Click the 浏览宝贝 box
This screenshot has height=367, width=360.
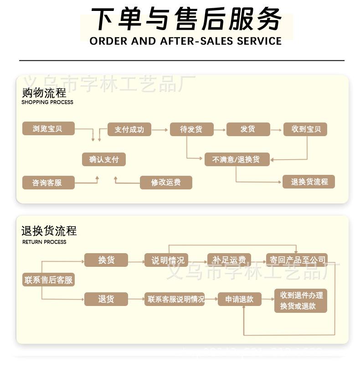[x=48, y=129]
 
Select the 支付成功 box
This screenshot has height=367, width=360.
[x=129, y=129]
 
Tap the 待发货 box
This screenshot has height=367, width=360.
[x=191, y=129]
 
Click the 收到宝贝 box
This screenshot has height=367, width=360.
[x=305, y=129]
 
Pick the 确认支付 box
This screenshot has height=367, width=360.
[x=103, y=159]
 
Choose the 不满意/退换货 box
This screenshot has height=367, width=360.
[x=237, y=159]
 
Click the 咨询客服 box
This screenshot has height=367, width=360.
[x=47, y=183]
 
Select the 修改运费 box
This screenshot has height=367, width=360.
[x=166, y=183]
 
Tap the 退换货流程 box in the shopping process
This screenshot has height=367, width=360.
[x=309, y=182]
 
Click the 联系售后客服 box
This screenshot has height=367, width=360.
[x=48, y=280]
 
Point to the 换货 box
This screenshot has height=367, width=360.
[x=106, y=260]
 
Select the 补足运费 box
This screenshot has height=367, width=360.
[x=229, y=260]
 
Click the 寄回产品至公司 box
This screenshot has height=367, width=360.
[x=297, y=260]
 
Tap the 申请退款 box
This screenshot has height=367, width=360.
[x=239, y=299]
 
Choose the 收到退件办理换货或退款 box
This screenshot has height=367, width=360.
[x=301, y=301]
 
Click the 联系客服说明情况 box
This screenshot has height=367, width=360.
[x=175, y=299]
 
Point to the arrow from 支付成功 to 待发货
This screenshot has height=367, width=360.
[x=160, y=130]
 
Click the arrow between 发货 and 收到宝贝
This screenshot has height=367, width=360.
[x=276, y=130]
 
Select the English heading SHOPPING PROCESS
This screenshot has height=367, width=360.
[x=47, y=102]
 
